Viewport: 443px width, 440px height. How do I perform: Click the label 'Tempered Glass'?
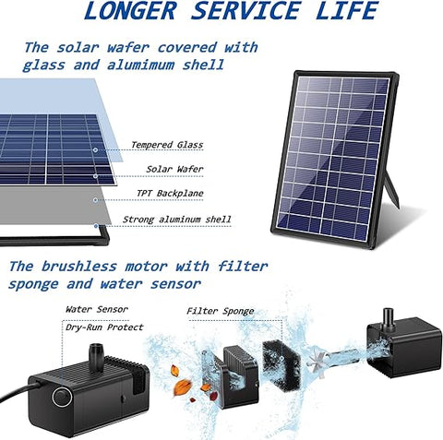[x=166, y=145]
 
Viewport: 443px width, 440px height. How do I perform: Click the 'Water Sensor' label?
[x=95, y=310]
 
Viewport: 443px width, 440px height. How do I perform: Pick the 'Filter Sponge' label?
[x=221, y=312]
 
